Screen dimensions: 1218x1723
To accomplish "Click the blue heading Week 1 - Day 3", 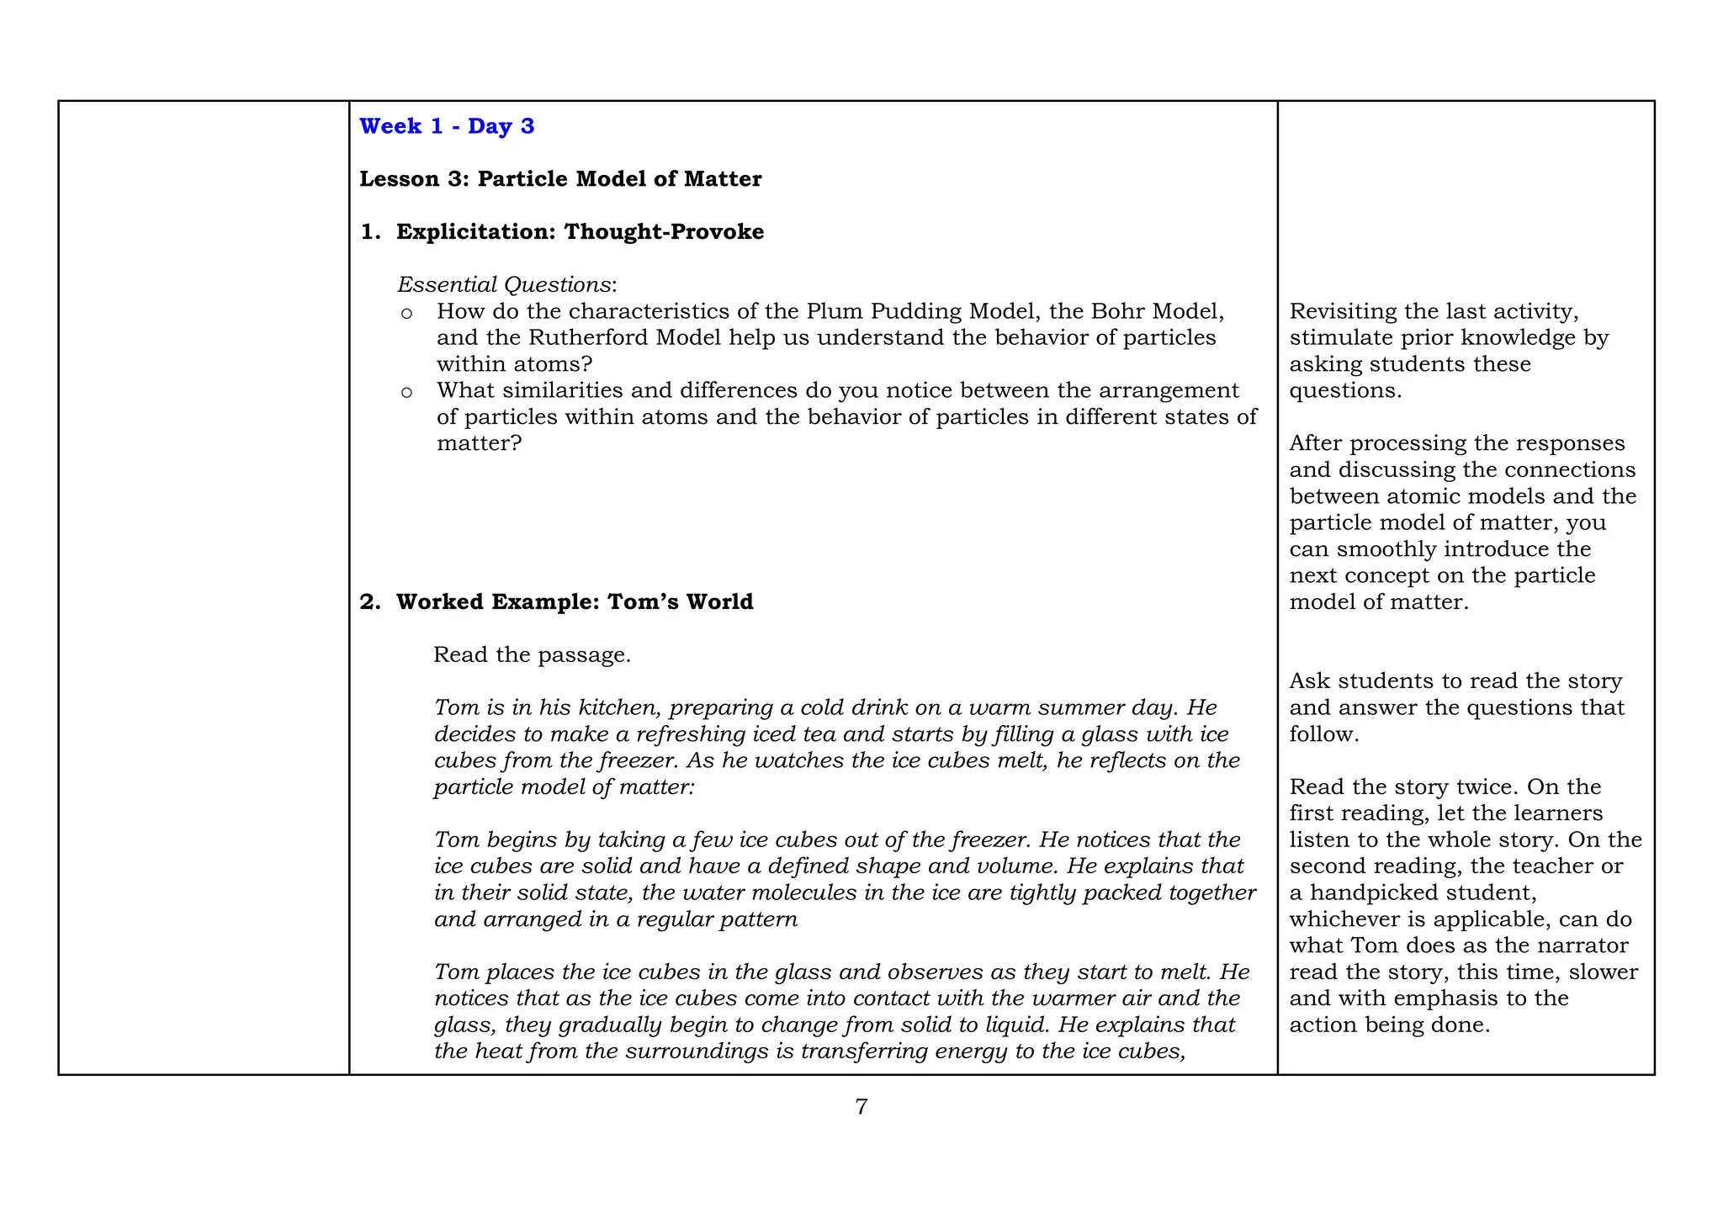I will pyautogui.click(x=447, y=126).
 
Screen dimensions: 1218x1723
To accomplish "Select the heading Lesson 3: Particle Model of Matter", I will pyautogui.click(x=560, y=179).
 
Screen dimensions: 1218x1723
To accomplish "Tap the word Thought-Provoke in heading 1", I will pyautogui.click(x=664, y=232).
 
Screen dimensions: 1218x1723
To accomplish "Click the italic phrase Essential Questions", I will pyautogui.click(x=504, y=285).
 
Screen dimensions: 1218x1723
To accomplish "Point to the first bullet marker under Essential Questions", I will pyautogui.click(x=406, y=314).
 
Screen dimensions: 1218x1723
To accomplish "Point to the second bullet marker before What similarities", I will pyautogui.click(x=406, y=392).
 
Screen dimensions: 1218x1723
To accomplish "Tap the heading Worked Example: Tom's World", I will pyautogui.click(x=575, y=602).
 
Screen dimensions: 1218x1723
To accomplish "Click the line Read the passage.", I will pyautogui.click(x=532, y=655).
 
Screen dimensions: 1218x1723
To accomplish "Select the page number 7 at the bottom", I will pyautogui.click(x=861, y=1107).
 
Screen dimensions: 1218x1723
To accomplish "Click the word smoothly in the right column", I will pyautogui.click(x=1387, y=549).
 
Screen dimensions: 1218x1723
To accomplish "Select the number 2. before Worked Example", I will pyautogui.click(x=370, y=602).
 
